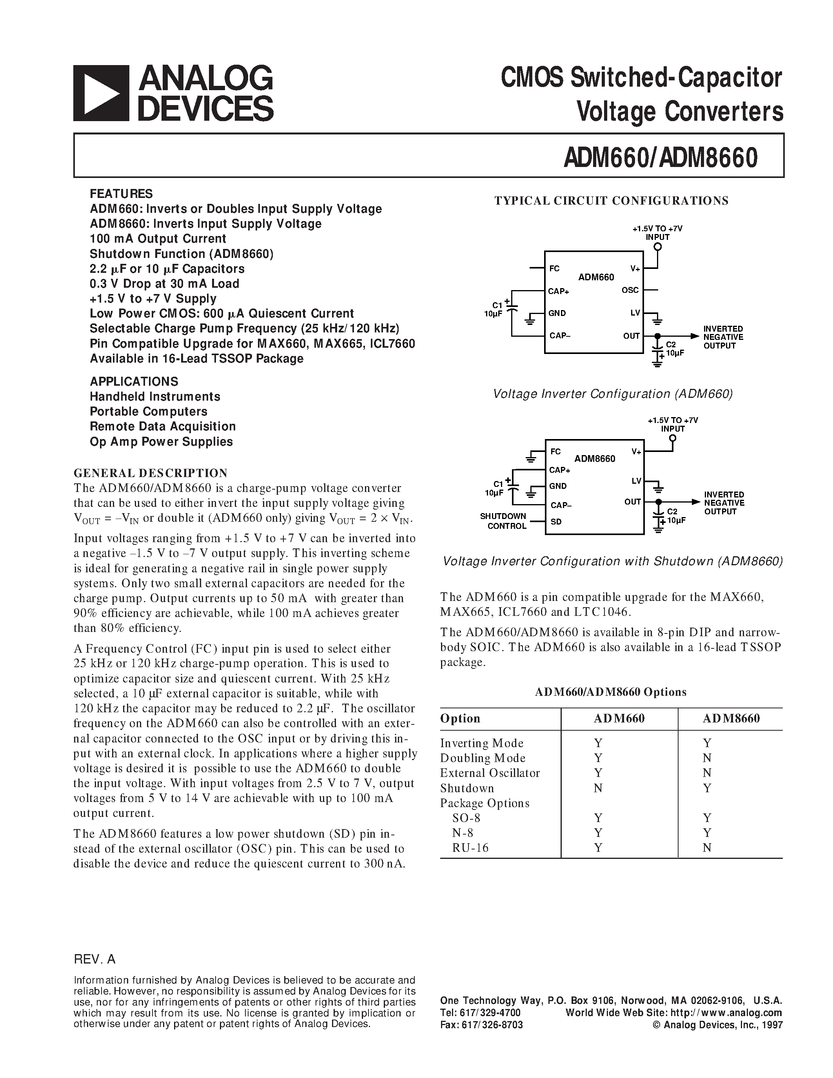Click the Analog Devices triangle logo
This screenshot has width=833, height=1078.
pyautogui.click(x=101, y=93)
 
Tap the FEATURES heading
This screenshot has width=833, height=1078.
pyautogui.click(x=121, y=194)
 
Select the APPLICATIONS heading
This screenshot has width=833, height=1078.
pyautogui.click(x=134, y=381)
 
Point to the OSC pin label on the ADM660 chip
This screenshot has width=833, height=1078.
pyautogui.click(x=630, y=290)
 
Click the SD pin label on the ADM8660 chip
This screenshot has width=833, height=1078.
pyautogui.click(x=556, y=522)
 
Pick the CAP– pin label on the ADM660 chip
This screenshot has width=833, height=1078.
pyautogui.click(x=560, y=336)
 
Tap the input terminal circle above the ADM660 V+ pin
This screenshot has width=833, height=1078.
pyautogui.click(x=657, y=247)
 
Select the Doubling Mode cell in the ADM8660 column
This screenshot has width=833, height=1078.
pyautogui.click(x=707, y=758)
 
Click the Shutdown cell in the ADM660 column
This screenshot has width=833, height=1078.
pyautogui.click(x=598, y=788)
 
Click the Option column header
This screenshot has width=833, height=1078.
pyautogui.click(x=460, y=718)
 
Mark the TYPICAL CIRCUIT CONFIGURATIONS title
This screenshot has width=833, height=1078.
pyautogui.click(x=612, y=200)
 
